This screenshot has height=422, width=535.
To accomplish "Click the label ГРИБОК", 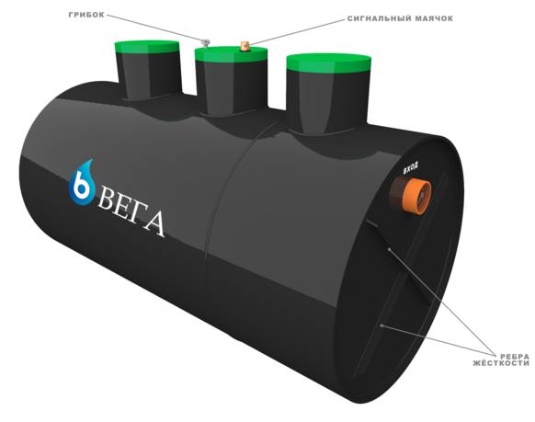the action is click(x=86, y=15).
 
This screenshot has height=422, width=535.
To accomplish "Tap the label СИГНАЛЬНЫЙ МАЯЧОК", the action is click(x=400, y=18).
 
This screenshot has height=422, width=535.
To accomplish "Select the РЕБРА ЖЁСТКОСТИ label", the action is click(x=501, y=359).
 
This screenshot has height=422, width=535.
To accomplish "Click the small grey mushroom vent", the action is click(x=205, y=43).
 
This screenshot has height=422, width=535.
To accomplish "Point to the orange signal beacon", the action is click(x=245, y=46).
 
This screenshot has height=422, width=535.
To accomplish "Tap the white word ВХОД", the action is click(x=411, y=167).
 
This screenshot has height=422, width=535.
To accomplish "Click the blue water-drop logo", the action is click(x=82, y=183).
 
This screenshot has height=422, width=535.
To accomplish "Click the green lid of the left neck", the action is click(x=147, y=47).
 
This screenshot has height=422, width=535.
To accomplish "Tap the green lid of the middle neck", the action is click(x=231, y=54).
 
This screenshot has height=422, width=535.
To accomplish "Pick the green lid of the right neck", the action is click(x=329, y=63).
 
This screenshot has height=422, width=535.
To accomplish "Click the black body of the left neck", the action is click(x=149, y=76).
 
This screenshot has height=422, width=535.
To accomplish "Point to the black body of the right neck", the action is click(x=328, y=102).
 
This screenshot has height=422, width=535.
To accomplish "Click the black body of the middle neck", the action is click(x=232, y=87).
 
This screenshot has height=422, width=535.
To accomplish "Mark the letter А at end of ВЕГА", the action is click(x=154, y=223).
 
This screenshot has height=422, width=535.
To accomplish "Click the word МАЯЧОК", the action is click(x=434, y=18).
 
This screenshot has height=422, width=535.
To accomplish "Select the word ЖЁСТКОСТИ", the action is click(x=501, y=363).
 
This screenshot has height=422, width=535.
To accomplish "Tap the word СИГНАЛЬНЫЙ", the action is click(x=379, y=18).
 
